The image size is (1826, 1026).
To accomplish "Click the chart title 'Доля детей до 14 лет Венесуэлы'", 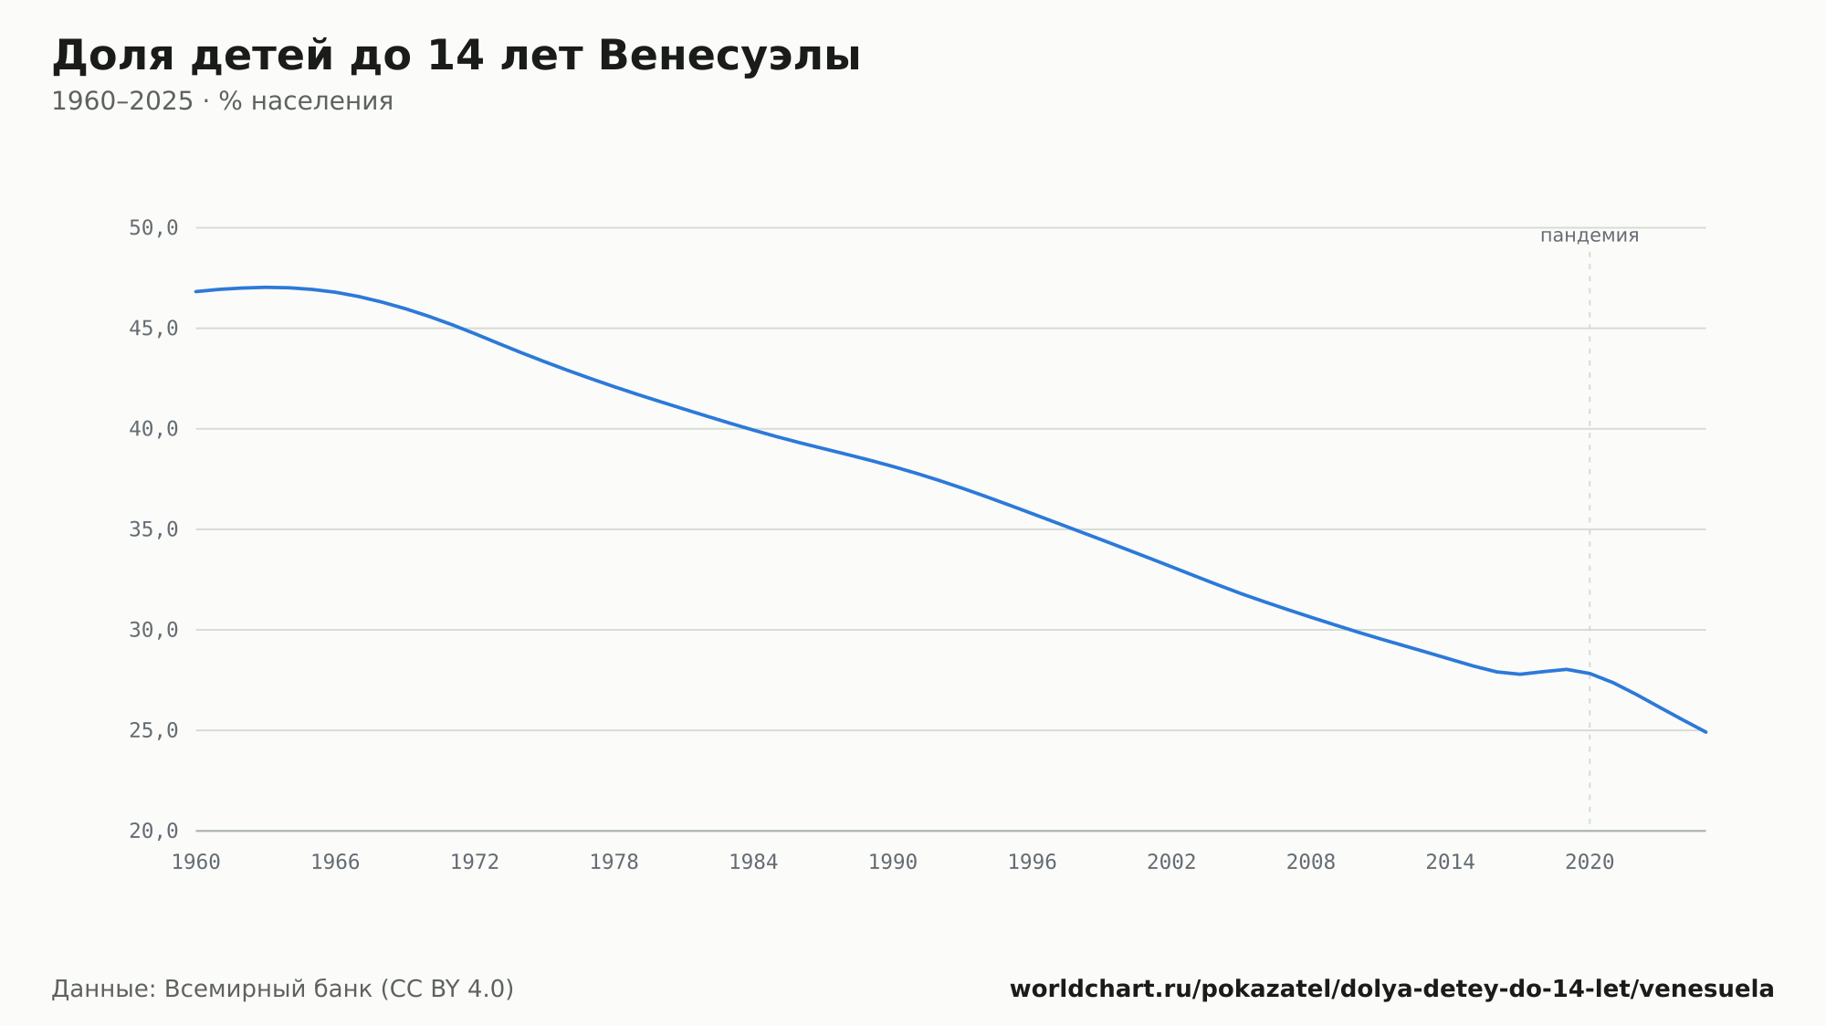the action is click(456, 57).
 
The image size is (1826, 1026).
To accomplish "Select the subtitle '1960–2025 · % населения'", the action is click(222, 101).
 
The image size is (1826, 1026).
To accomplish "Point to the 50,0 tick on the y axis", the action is click(153, 228).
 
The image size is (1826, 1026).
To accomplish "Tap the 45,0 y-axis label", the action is click(153, 329).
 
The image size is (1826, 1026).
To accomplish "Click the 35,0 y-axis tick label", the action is click(153, 529).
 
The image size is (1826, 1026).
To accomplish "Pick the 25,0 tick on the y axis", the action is click(153, 730).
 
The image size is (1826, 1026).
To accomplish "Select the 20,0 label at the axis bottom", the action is click(153, 831).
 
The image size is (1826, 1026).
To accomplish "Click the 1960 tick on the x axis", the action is click(196, 863).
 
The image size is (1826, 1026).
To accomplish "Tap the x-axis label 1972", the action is click(475, 863).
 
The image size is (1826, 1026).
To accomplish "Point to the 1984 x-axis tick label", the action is click(753, 863).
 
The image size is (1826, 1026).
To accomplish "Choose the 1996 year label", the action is click(1033, 863).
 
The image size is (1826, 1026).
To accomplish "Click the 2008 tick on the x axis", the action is click(1311, 863).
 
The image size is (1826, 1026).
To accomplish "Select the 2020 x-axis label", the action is click(1590, 863).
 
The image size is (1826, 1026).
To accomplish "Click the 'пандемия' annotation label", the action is click(1590, 236).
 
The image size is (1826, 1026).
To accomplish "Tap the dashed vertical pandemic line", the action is click(1590, 539).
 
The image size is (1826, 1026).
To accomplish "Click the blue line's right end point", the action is click(1705, 732).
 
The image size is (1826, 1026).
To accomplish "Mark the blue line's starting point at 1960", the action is click(196, 291).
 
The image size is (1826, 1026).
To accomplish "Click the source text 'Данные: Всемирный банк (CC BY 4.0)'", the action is click(283, 989).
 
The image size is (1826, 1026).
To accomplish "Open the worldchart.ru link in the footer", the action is click(1391, 989).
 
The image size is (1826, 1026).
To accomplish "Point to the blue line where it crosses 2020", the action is click(1590, 674).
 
